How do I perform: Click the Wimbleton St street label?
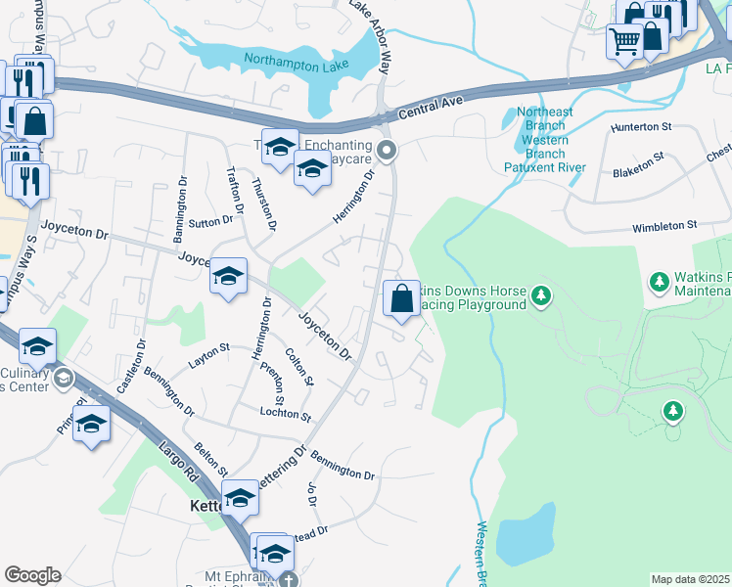[664, 225]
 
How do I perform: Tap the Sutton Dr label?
[212, 222]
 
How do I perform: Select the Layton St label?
[208, 348]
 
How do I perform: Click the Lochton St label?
[285, 415]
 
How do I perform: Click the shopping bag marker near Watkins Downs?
[401, 297]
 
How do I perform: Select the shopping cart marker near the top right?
[623, 41]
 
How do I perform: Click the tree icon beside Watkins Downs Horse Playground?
[540, 293]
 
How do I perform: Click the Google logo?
[32, 575]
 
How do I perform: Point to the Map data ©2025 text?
[690, 579]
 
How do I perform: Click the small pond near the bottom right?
[526, 530]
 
